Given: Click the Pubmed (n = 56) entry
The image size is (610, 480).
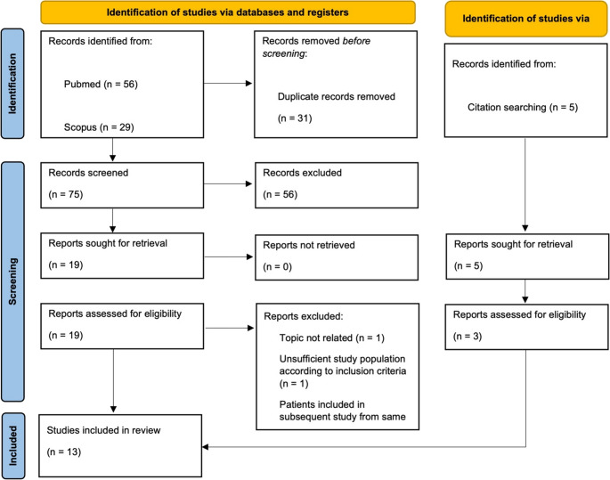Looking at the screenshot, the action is pyautogui.click(x=101, y=85).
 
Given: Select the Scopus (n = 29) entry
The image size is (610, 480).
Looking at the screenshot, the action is pyautogui.click(x=99, y=127).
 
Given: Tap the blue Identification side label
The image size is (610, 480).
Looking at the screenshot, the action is pyautogui.click(x=12, y=84).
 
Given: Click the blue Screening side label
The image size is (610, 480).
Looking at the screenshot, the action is pyautogui.click(x=12, y=281).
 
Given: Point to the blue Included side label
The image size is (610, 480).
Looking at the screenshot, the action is pyautogui.click(x=12, y=446).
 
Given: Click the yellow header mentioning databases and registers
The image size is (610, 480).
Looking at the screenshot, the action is pyautogui.click(x=228, y=12).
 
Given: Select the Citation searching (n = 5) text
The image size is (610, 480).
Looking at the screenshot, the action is pyautogui.click(x=523, y=108).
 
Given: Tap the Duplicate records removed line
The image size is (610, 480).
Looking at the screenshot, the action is pyautogui.click(x=336, y=96).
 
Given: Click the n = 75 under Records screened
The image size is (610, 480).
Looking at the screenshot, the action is pyautogui.click(x=66, y=194).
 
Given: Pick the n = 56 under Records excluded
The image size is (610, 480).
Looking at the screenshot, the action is pyautogui.click(x=281, y=194).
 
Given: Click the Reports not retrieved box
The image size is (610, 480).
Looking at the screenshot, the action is pyautogui.click(x=337, y=257).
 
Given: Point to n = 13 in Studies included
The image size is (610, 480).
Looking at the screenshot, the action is pyautogui.click(x=64, y=452).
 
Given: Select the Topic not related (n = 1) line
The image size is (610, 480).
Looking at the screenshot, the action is pyautogui.click(x=332, y=338).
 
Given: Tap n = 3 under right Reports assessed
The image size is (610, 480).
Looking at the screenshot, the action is pyautogui.click(x=468, y=337).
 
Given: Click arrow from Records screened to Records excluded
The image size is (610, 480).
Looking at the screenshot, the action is pyautogui.click(x=228, y=183).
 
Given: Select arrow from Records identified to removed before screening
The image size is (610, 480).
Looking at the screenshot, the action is pyautogui.click(x=228, y=83).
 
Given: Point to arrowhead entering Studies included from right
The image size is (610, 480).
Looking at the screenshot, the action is pyautogui.click(x=205, y=447).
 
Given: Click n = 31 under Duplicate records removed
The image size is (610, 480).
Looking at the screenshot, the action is pyautogui.click(x=295, y=118).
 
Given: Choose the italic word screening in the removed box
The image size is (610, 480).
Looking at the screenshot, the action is pyautogui.click(x=283, y=53).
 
